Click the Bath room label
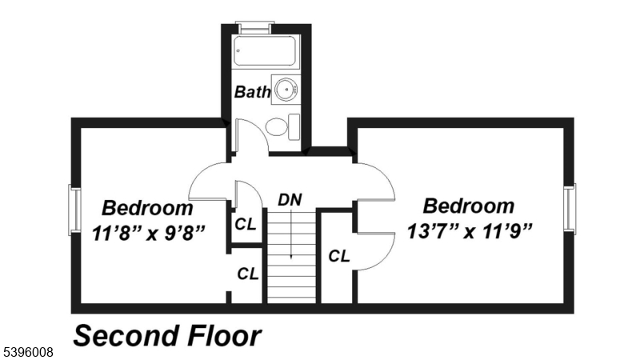pos(252,92)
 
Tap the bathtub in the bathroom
pos(265,52)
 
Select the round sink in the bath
pos(285,90)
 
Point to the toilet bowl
pos(277,126)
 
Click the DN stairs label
pos(290,199)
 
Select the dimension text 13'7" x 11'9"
pos(470,231)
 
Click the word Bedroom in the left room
pos(148,208)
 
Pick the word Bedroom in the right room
pos(469,206)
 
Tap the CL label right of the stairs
pos(339,256)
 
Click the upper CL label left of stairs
pos(246,224)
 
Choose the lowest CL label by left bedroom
pos(247,274)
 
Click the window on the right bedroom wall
pos(570,209)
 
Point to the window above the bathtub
pos(257,27)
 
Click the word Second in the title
pos(128,336)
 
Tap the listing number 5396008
pos(30,351)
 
